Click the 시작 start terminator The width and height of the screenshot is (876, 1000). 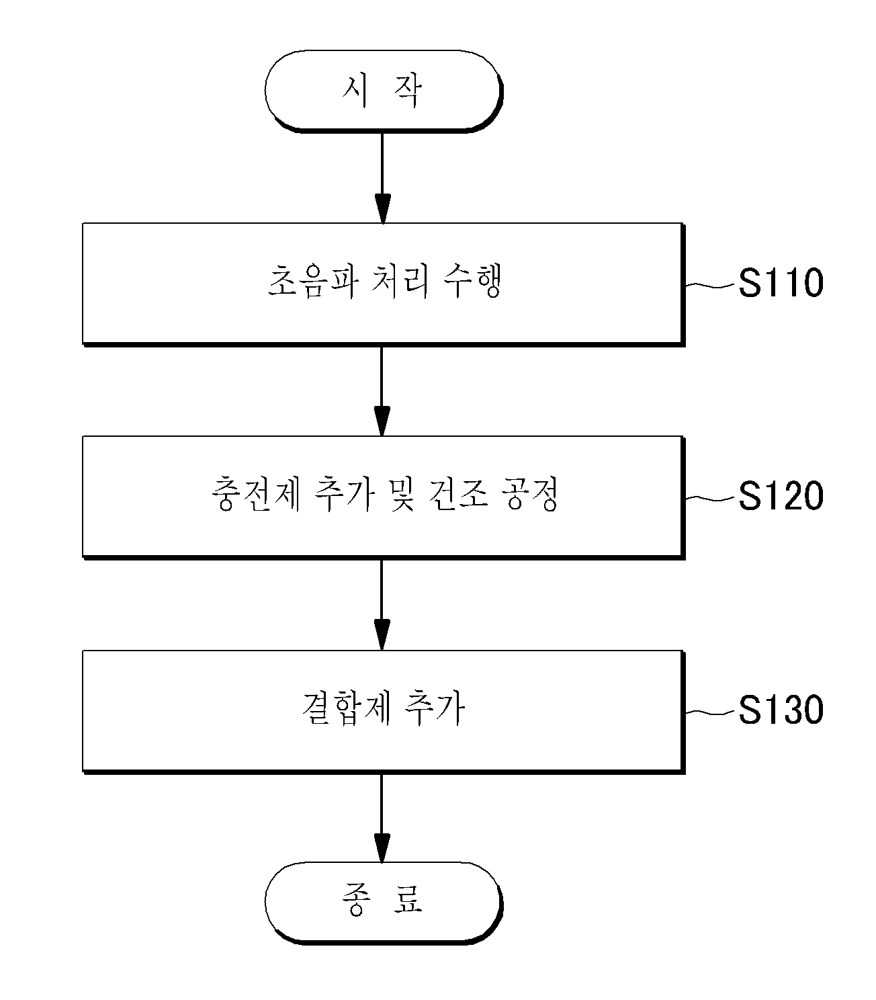pyautogui.click(x=384, y=91)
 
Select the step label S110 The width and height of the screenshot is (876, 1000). pyautogui.click(x=781, y=283)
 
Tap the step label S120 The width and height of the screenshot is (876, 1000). pyautogui.click(x=781, y=496)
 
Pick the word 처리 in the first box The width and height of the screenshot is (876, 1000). pyautogui.click(x=399, y=282)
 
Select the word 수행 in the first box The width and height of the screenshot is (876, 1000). pyautogui.click(x=472, y=282)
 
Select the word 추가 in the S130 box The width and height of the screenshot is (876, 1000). pyautogui.click(x=434, y=708)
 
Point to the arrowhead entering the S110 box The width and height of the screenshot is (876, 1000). pyautogui.click(x=382, y=208)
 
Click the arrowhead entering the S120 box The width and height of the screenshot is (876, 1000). pyautogui.click(x=382, y=421)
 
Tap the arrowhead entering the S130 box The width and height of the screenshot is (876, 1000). pyautogui.click(x=382, y=635)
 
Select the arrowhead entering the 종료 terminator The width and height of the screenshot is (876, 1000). pyautogui.click(x=382, y=848)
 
